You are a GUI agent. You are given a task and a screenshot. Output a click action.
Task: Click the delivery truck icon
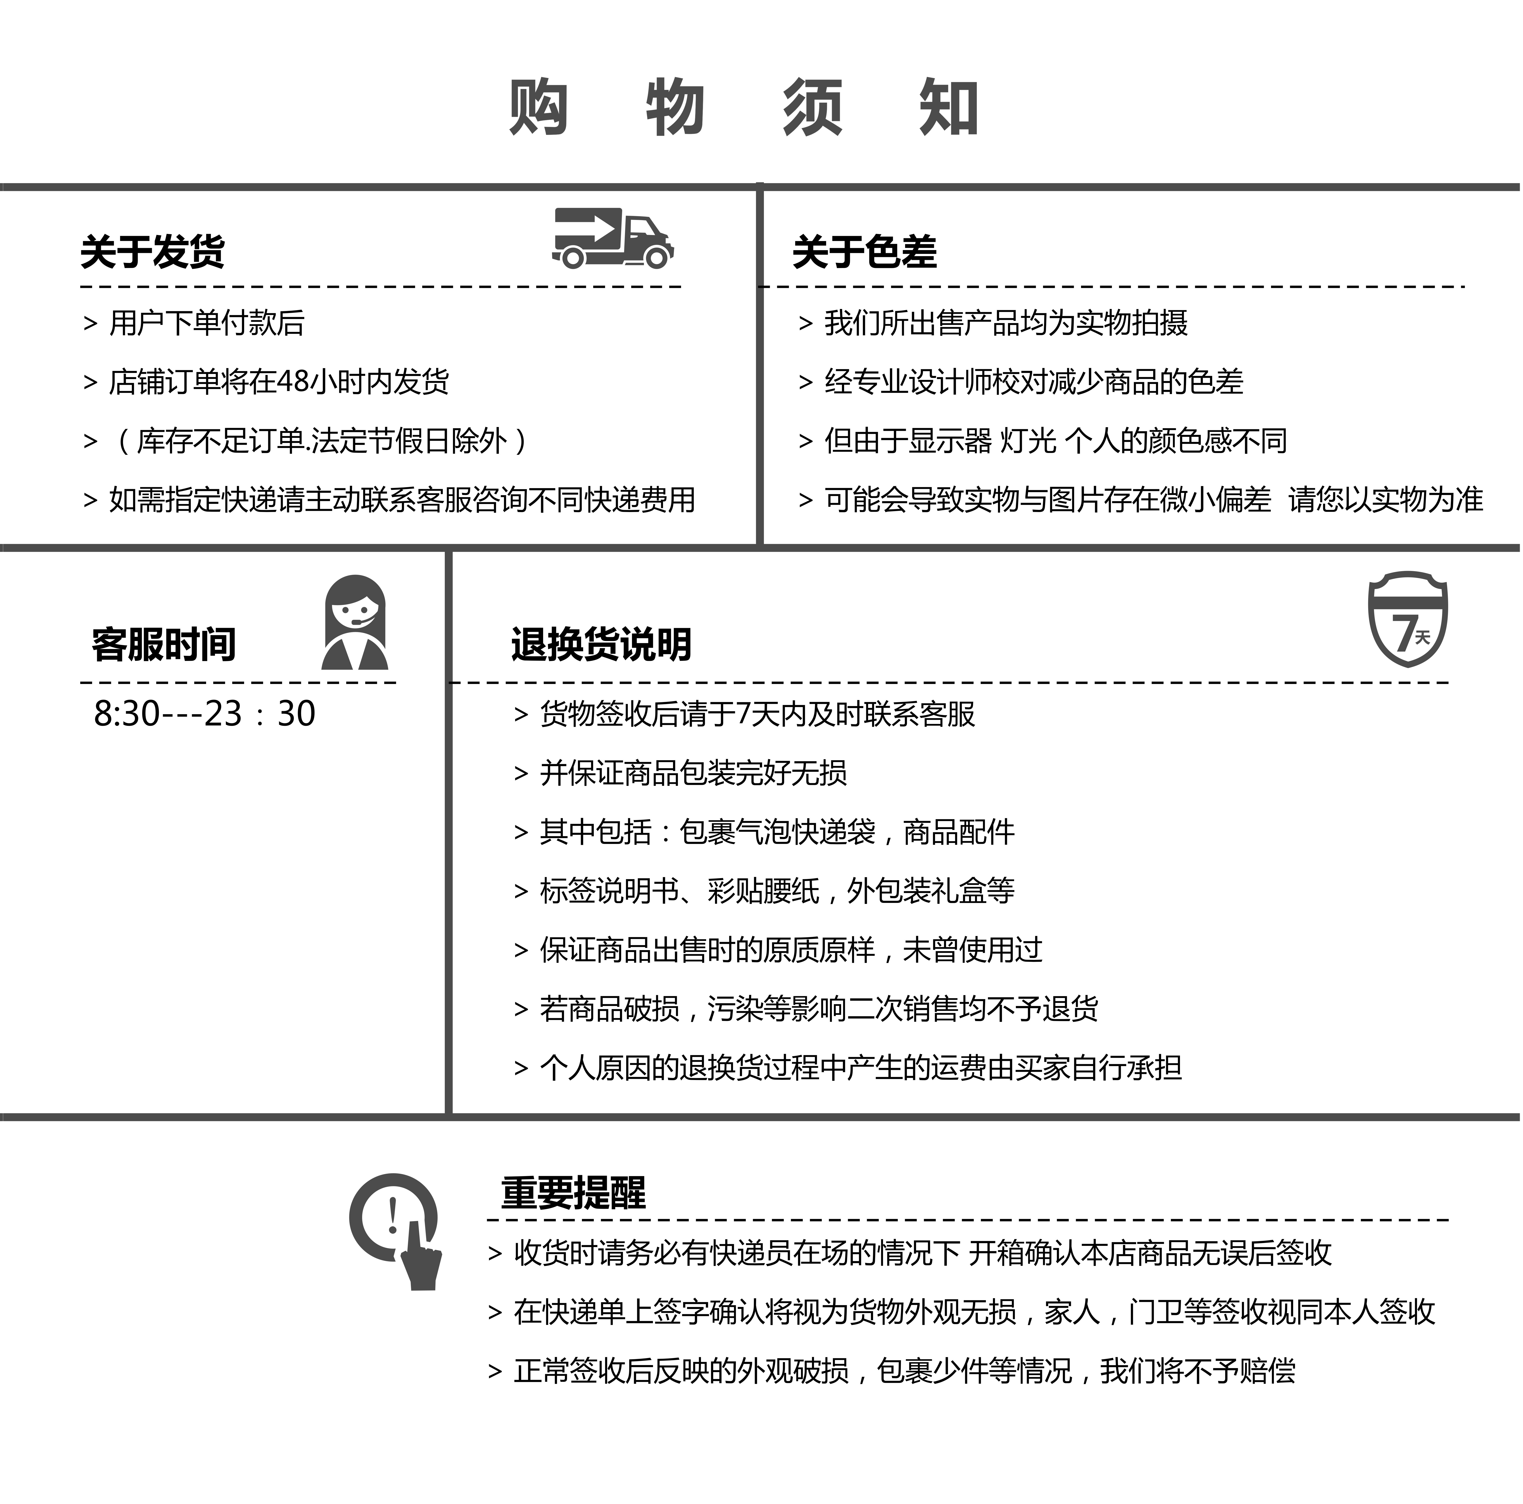pos(612,238)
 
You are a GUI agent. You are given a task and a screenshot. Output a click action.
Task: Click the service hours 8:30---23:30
pos(205,713)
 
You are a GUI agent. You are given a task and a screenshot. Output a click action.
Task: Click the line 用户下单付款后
pos(207,322)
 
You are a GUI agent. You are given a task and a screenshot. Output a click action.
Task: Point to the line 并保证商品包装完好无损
pos(694,772)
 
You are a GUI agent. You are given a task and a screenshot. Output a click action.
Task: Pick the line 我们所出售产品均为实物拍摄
pos(1006,322)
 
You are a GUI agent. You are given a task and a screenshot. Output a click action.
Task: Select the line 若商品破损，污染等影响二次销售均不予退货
pos(819,1008)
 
